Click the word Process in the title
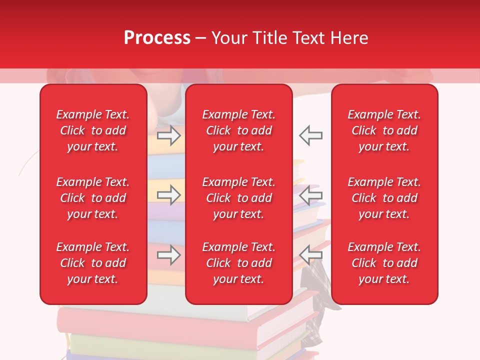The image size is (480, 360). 157,38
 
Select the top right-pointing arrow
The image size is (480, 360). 168,135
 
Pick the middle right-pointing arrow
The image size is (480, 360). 168,195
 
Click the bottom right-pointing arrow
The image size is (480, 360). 168,255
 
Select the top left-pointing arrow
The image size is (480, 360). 310,135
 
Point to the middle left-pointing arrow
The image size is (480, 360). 310,195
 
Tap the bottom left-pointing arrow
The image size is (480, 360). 310,255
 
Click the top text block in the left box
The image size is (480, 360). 93,130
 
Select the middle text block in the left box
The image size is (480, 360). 93,198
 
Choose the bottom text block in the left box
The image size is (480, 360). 93,263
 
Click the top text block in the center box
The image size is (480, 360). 238,130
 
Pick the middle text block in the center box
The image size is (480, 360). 238,198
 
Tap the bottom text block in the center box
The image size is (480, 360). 238,263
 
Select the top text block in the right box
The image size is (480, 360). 384,130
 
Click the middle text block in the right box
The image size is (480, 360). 384,198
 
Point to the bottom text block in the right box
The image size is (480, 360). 384,263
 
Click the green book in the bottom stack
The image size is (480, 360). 160,343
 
